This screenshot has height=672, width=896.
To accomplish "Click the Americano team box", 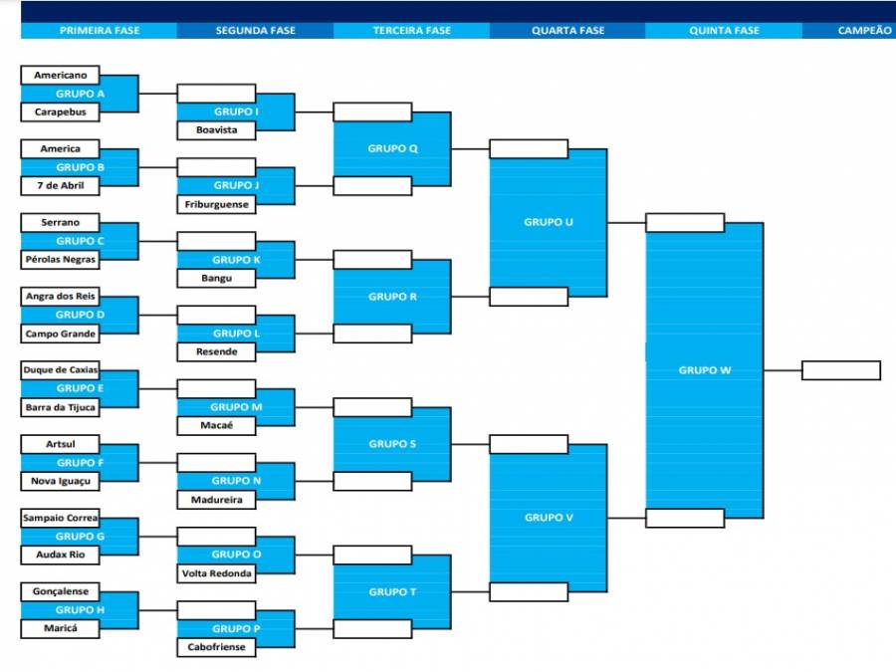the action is coord(60,75).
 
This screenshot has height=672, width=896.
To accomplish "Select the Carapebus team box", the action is coord(60,112).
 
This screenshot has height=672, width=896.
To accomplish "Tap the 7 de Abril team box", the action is coord(60,186).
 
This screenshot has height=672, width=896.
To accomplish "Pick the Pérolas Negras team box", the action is coord(60,260).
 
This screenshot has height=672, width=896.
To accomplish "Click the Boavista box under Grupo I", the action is coord(216,130).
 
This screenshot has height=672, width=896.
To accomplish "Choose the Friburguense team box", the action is coord(216,204).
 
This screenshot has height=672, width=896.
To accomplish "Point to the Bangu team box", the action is coord(216,279).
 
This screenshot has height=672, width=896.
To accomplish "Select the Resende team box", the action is coord(216,352).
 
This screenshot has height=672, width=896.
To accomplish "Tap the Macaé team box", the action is coord(216,426).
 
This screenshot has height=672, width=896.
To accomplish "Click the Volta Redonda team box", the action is coord(216,573).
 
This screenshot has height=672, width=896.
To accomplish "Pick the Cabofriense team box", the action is coord(216,647).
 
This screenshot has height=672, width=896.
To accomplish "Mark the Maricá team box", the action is coord(60,628).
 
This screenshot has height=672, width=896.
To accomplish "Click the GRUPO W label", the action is coord(705,370).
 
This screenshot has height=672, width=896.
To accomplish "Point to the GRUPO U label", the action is coord(548,222).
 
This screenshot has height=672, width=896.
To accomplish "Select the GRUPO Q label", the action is coord(392,148).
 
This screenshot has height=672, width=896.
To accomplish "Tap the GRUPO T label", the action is coord(392,592).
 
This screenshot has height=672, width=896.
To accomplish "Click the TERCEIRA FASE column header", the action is coord(411,31).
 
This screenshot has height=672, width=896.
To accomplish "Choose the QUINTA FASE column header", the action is coord(724,31).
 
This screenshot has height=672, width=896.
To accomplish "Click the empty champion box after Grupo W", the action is coord(841,370).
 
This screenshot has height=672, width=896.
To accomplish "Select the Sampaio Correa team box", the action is coord(60,519).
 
